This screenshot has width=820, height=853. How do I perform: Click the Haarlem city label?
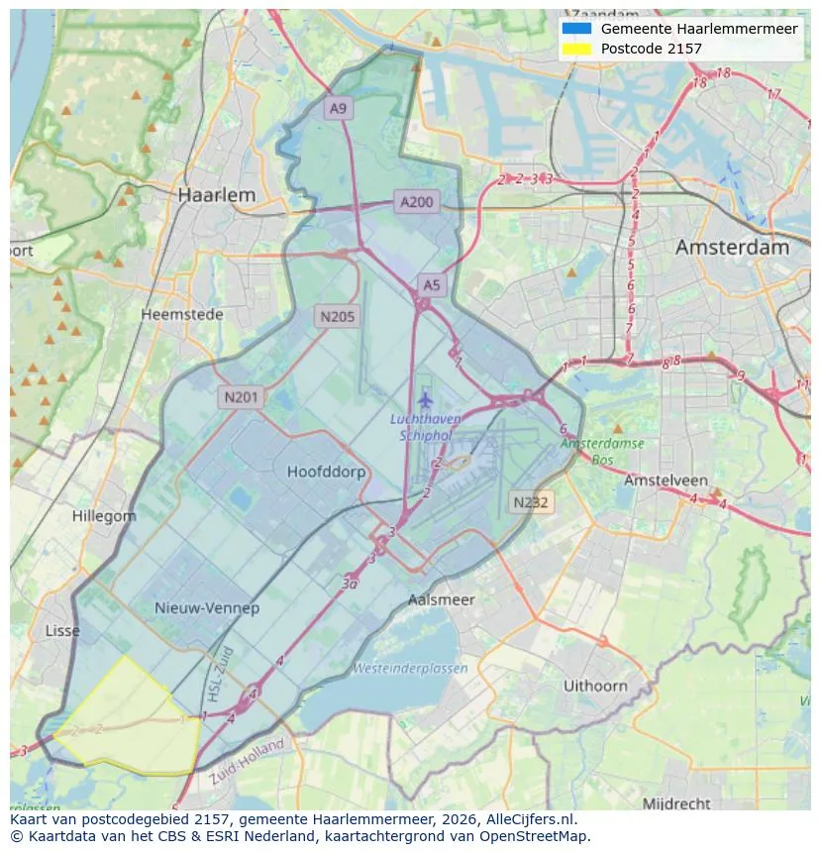[216, 195]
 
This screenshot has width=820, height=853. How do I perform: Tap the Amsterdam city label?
[732, 248]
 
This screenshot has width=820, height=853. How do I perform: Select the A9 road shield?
[339, 109]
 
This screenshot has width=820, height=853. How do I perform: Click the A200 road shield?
[416, 202]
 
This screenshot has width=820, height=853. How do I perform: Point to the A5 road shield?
[432, 285]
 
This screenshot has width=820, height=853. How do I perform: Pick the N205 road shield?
[337, 317]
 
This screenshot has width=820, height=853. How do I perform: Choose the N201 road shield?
[241, 397]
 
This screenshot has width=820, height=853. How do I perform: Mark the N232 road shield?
[531, 502]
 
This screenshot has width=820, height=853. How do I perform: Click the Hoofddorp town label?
[326, 472]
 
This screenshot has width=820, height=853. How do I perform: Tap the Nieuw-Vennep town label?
[206, 607]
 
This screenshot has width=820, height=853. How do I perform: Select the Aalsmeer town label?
[442, 599]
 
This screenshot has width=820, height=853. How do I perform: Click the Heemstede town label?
[182, 314]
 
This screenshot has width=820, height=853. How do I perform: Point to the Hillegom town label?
[104, 516]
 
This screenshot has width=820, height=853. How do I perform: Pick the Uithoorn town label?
[595, 686]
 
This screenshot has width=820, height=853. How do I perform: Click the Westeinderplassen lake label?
[410, 669]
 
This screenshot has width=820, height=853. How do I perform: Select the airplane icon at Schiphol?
[425, 400]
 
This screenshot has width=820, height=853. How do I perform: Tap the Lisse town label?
[62, 631]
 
